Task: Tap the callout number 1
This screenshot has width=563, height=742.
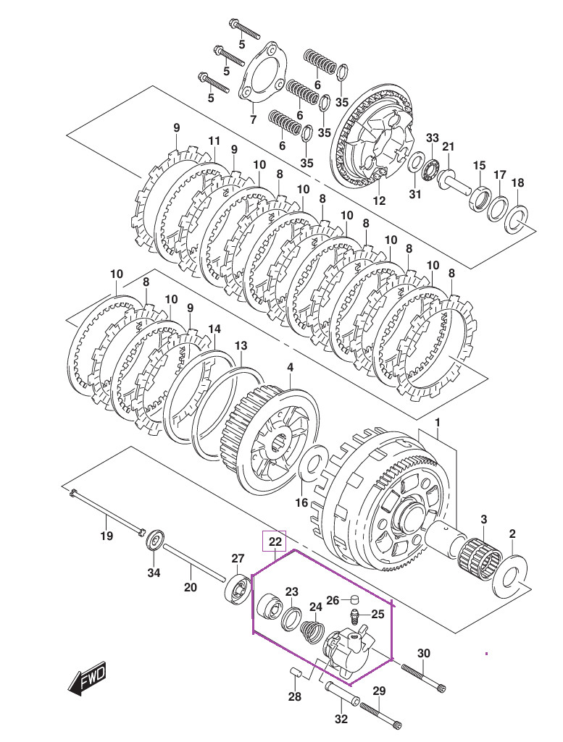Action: (x=437, y=422)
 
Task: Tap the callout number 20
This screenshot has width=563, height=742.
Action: (x=190, y=587)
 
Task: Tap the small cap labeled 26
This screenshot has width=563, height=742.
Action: (x=353, y=599)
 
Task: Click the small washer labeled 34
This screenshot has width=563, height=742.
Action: (x=154, y=541)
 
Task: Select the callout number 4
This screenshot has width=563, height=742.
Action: (x=290, y=367)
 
